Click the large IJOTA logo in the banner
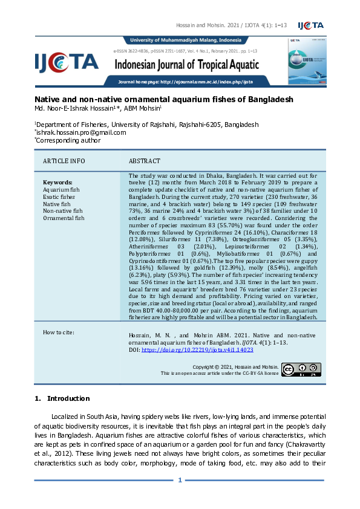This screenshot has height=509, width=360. coord(67,61)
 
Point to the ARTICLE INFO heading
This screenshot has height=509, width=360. coord(64,161)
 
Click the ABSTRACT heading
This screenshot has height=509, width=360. coord(145,161)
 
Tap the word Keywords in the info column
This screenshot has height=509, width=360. coord(57,182)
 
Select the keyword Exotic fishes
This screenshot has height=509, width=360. coord(59,196)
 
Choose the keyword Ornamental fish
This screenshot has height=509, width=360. coord(64,218)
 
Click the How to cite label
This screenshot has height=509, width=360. coord(59,332)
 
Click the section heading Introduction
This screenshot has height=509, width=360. coord(68,398)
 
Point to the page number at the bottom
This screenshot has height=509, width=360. coord(180,481)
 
